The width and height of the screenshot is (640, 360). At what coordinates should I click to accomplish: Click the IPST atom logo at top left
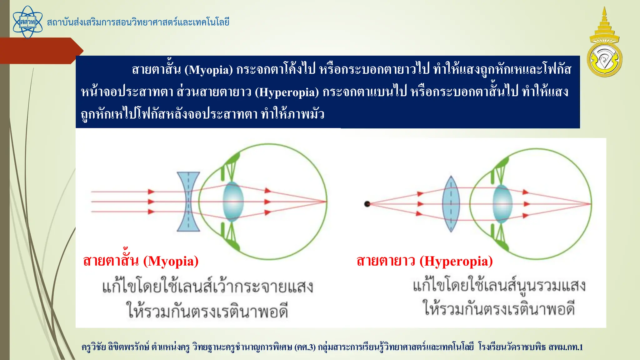[x=27, y=22]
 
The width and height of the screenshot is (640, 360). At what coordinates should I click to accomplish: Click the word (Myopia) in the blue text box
[x=208, y=70]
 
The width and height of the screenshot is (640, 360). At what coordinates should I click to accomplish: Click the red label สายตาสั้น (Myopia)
[x=141, y=261]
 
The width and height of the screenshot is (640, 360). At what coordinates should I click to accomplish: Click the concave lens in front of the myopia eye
[x=188, y=202]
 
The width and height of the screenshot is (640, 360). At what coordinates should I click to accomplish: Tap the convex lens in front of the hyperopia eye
[x=451, y=204]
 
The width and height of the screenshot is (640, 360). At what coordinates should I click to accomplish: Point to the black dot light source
[x=367, y=204]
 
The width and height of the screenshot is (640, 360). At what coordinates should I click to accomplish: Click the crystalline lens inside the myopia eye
[x=233, y=202]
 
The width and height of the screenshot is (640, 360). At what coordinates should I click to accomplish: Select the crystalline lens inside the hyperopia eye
[x=502, y=204]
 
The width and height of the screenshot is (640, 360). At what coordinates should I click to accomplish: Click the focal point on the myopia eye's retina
[x=326, y=202]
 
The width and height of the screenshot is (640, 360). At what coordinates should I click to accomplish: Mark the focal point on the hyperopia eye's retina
[x=590, y=204]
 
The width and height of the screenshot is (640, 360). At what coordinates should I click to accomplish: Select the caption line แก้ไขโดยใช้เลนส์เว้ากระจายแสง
[x=207, y=286]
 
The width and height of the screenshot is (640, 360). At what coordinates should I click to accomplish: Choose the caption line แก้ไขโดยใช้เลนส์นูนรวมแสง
[x=499, y=286]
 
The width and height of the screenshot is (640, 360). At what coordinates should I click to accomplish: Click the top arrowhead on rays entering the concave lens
[x=151, y=192]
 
